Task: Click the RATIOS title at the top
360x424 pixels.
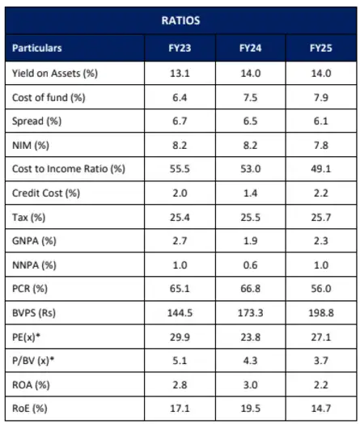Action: (180, 20)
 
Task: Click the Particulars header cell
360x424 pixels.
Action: (37, 48)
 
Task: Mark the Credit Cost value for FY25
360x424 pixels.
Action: (321, 193)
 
